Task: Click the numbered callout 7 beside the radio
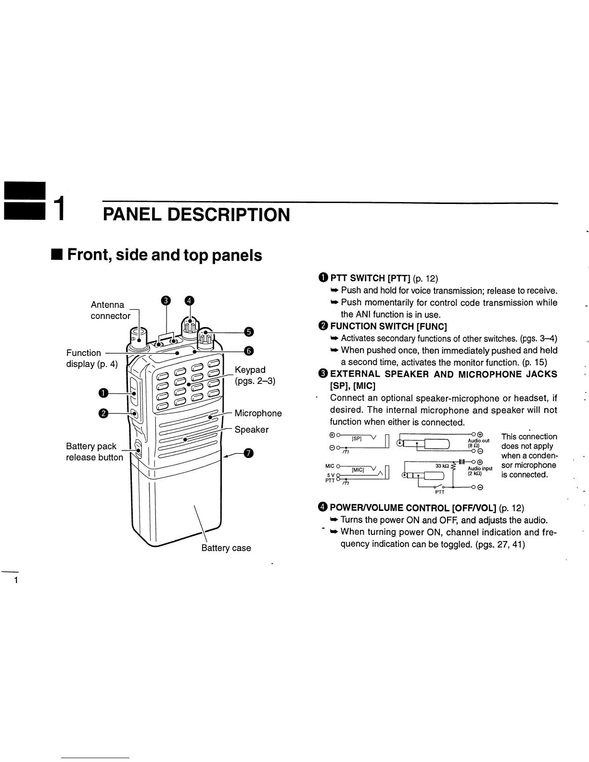click(x=248, y=453)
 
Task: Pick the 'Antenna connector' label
click(x=111, y=310)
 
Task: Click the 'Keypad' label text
click(x=250, y=370)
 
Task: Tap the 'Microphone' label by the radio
click(x=258, y=413)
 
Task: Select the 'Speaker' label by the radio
click(x=251, y=430)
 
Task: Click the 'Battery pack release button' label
click(x=94, y=452)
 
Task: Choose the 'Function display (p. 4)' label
click(x=91, y=358)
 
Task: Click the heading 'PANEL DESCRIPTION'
click(x=196, y=215)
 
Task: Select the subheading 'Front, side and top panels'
click(x=165, y=254)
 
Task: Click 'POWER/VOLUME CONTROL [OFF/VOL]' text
click(x=412, y=508)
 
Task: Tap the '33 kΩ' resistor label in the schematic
click(x=442, y=466)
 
